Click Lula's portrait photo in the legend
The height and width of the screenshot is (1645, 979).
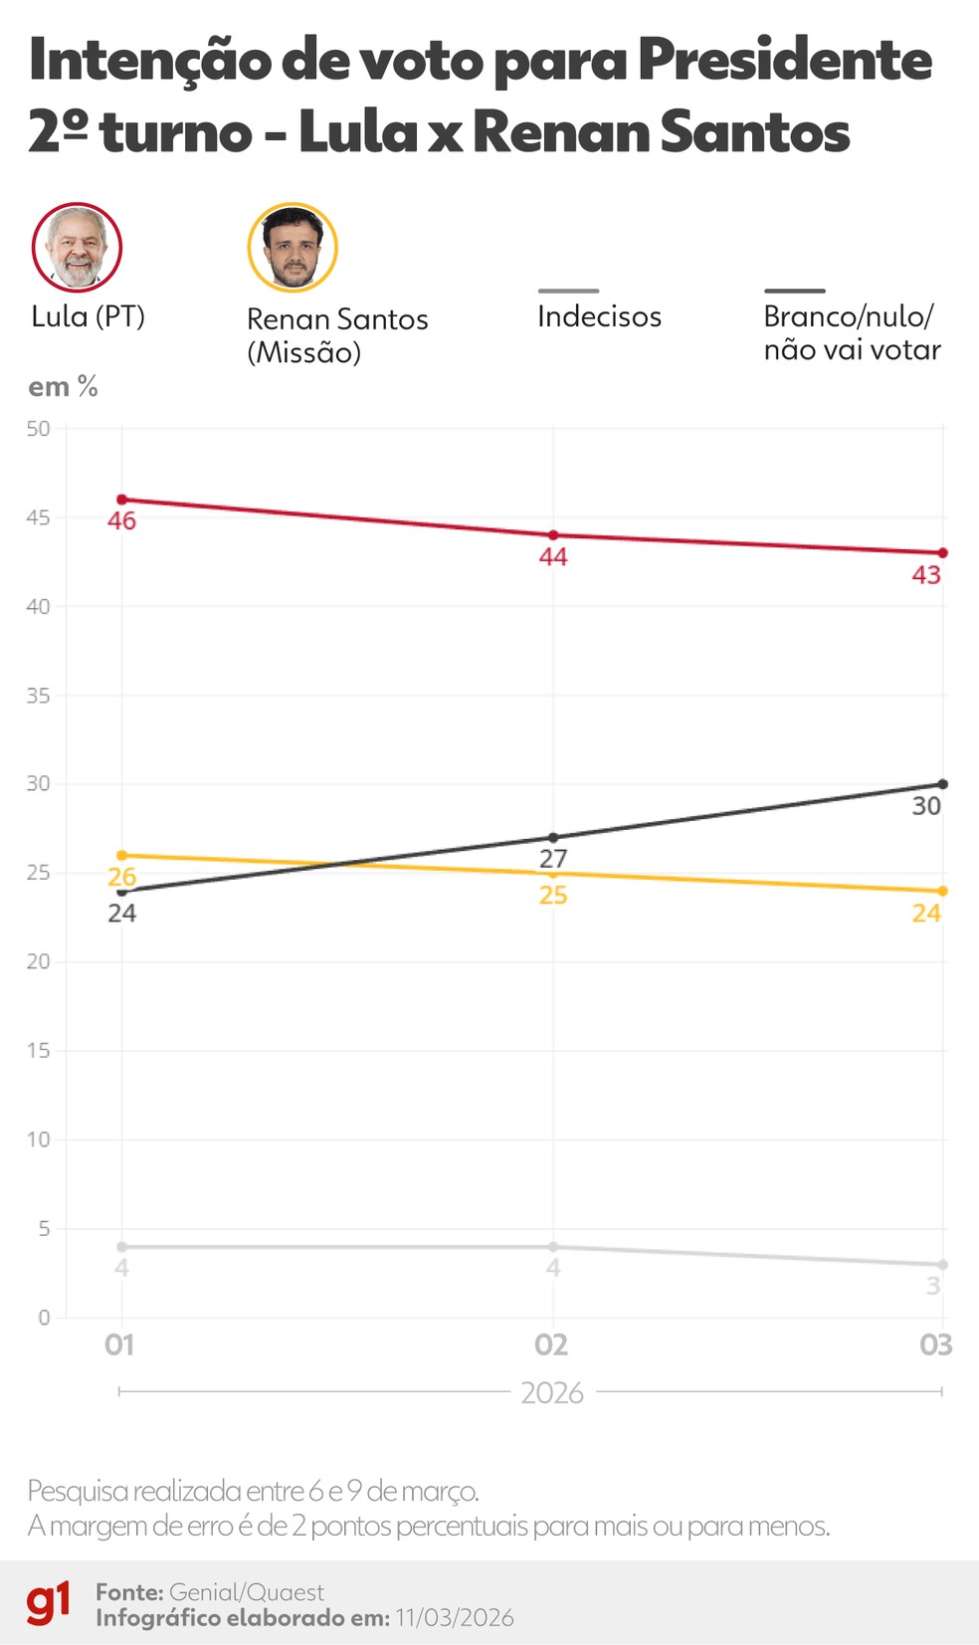click(x=77, y=248)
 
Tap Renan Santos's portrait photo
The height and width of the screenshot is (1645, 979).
click(x=293, y=248)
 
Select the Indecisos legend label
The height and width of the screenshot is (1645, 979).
click(x=599, y=316)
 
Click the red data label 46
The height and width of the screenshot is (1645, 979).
click(x=121, y=521)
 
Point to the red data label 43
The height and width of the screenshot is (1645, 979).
click(x=926, y=575)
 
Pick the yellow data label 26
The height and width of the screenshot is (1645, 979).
click(x=121, y=877)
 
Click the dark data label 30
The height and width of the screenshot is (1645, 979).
click(x=926, y=806)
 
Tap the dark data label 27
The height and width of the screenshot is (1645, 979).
click(x=553, y=859)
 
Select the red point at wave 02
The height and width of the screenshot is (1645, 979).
click(x=553, y=535)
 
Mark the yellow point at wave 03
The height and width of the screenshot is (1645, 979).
click(x=943, y=891)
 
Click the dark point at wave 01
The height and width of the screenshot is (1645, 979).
click(x=121, y=891)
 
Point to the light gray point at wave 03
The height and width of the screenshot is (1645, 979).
click(x=943, y=1265)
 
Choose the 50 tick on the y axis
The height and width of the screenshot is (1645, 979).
click(x=38, y=429)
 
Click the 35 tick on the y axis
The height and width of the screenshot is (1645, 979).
click(x=38, y=696)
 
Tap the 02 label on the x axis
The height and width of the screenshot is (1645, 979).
click(x=551, y=1345)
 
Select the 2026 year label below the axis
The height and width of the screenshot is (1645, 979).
click(x=552, y=1393)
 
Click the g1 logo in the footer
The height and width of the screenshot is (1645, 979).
click(x=49, y=1602)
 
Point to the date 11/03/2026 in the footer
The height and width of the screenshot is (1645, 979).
click(x=455, y=1618)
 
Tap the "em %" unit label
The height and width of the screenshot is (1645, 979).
click(x=63, y=387)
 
